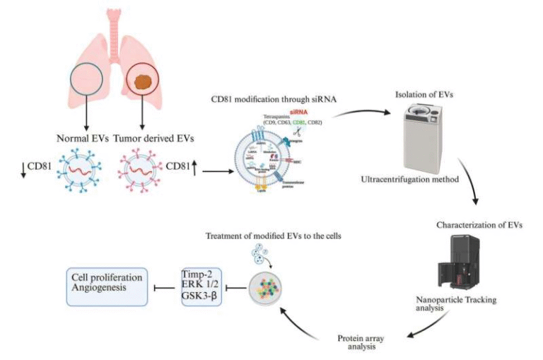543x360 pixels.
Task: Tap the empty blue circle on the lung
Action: tap(89, 80)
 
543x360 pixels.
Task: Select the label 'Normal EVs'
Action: tap(81, 138)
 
